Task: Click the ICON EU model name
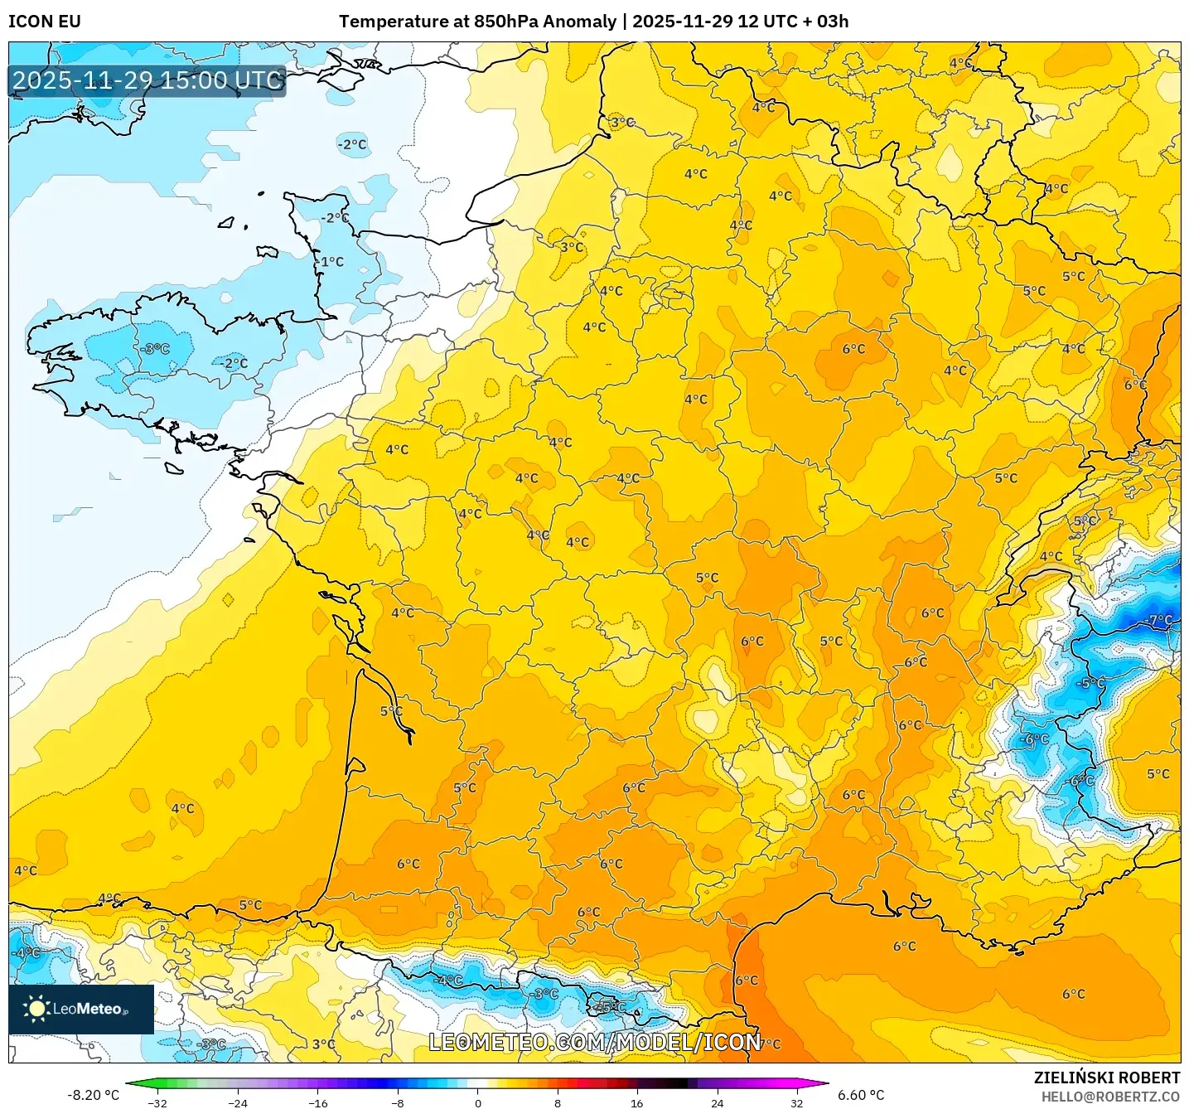(x=45, y=22)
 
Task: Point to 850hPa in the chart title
(x=505, y=22)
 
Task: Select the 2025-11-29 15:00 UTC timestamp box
(x=147, y=80)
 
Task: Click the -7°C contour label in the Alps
(x=1159, y=620)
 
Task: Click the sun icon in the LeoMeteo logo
(x=36, y=1008)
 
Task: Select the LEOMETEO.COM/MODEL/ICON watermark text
(x=594, y=1042)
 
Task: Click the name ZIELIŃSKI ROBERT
(x=1106, y=1078)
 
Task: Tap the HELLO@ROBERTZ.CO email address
(x=1110, y=1097)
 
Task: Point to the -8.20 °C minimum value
(x=93, y=1095)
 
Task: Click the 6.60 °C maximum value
(x=861, y=1095)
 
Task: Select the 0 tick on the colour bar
(x=477, y=1102)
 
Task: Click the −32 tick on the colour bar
(x=157, y=1102)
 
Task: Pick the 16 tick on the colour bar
(x=636, y=1102)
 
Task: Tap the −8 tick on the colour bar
(x=398, y=1102)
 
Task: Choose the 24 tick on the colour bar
(x=717, y=1102)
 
